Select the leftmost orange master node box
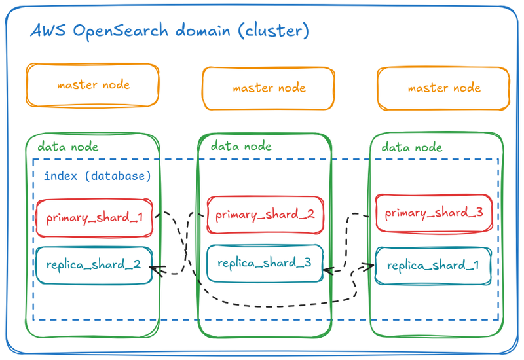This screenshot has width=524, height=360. [93, 85]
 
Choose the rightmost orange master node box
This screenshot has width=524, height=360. [443, 88]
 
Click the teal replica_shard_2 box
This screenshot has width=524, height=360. [95, 264]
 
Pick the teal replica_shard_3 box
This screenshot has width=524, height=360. [266, 263]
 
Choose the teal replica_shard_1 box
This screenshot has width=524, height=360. [434, 266]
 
